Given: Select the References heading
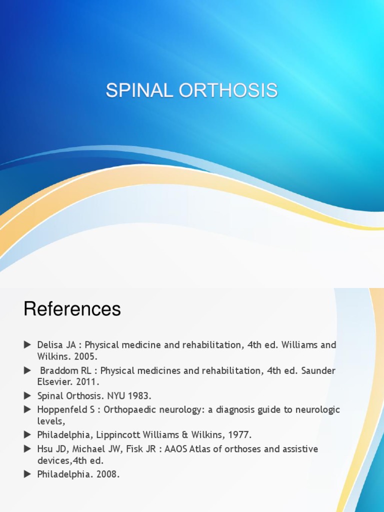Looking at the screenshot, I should [x=72, y=309].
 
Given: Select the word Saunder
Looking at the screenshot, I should [x=317, y=370].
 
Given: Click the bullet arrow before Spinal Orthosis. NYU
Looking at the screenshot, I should [x=27, y=396].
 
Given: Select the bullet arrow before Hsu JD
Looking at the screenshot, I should [x=27, y=449].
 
